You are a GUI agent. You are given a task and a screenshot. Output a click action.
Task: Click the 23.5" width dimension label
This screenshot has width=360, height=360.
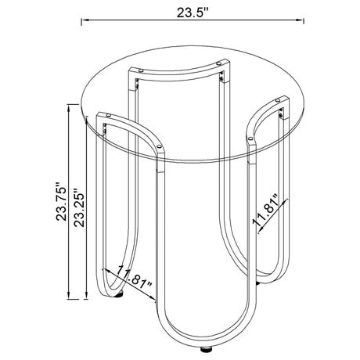coord(193,13)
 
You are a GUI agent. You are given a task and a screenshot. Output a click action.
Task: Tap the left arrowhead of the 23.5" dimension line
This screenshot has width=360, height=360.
coord(85,20)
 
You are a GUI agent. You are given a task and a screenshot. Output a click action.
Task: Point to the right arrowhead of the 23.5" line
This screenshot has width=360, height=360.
coord(300,20)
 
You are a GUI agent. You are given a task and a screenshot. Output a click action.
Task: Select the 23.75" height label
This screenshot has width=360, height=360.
coord(61,201)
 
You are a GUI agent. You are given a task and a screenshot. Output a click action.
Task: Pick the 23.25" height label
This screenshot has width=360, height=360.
coord(79,207)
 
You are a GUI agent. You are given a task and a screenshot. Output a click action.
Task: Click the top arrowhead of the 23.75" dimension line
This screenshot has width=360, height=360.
coord(69,108)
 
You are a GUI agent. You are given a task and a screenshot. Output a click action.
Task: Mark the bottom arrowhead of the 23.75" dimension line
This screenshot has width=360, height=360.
coord(69,296)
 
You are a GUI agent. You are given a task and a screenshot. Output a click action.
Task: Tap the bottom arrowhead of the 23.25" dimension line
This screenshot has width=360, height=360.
coord(86,296)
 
